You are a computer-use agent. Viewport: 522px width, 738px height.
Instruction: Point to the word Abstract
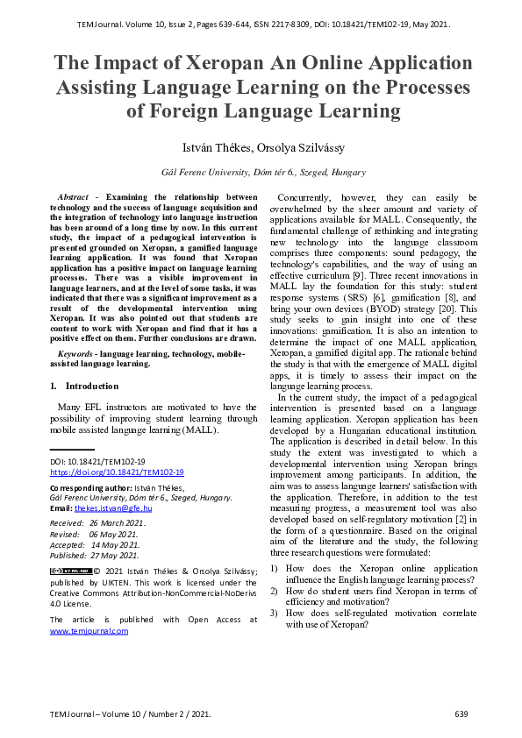[x=72, y=197]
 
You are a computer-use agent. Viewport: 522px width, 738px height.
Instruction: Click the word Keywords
[x=75, y=351]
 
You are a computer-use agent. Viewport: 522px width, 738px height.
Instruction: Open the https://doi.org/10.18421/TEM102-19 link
[x=117, y=472]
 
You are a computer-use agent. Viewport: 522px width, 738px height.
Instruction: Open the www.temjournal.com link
[x=89, y=630]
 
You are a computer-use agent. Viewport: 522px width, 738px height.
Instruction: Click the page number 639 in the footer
[x=461, y=714]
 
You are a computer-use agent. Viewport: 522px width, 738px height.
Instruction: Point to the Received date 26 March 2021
[x=118, y=522]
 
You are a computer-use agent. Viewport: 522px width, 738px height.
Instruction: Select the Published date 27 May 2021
[x=116, y=555]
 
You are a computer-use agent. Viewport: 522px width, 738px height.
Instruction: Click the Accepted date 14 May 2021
[x=115, y=544]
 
